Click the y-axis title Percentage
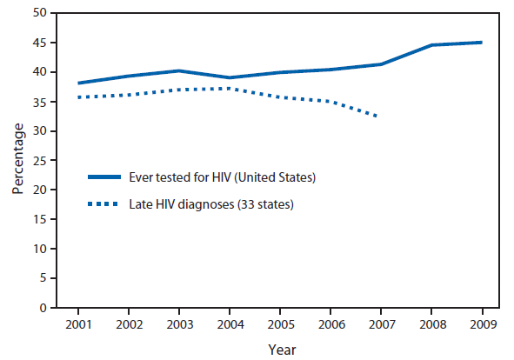18,160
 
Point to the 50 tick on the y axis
41,13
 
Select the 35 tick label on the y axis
41,102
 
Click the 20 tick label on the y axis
41,190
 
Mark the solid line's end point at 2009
481,43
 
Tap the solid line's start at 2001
78,83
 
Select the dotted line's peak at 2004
229,88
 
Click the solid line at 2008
431,45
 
